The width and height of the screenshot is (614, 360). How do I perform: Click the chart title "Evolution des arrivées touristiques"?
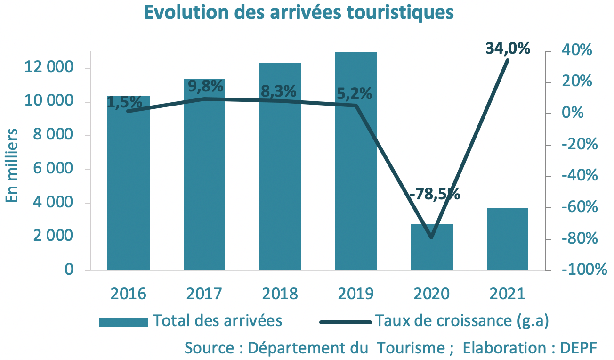point(299,13)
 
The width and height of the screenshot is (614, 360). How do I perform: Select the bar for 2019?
point(356,188)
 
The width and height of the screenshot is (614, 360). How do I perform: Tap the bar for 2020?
point(432,247)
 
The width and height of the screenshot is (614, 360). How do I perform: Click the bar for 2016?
point(129,188)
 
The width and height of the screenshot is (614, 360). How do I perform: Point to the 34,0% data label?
point(508,48)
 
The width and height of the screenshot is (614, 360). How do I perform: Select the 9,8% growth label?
point(205,86)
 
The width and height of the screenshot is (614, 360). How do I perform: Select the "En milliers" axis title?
point(12,165)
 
